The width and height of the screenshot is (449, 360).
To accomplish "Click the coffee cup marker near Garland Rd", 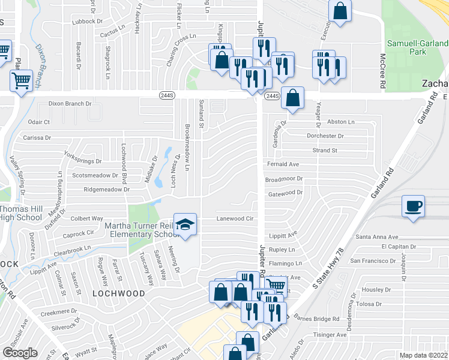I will pos(414,206).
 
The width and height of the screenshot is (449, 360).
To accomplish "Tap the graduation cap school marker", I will pos(185,224).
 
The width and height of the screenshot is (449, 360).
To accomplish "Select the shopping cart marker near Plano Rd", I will pos(21,80).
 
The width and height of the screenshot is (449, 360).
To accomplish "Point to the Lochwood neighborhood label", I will pos(119,293).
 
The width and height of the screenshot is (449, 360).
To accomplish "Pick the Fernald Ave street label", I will pos(283,164).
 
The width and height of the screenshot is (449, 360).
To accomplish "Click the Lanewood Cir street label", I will pos(235,220).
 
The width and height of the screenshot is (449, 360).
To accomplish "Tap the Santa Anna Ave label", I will pos(377,238).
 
